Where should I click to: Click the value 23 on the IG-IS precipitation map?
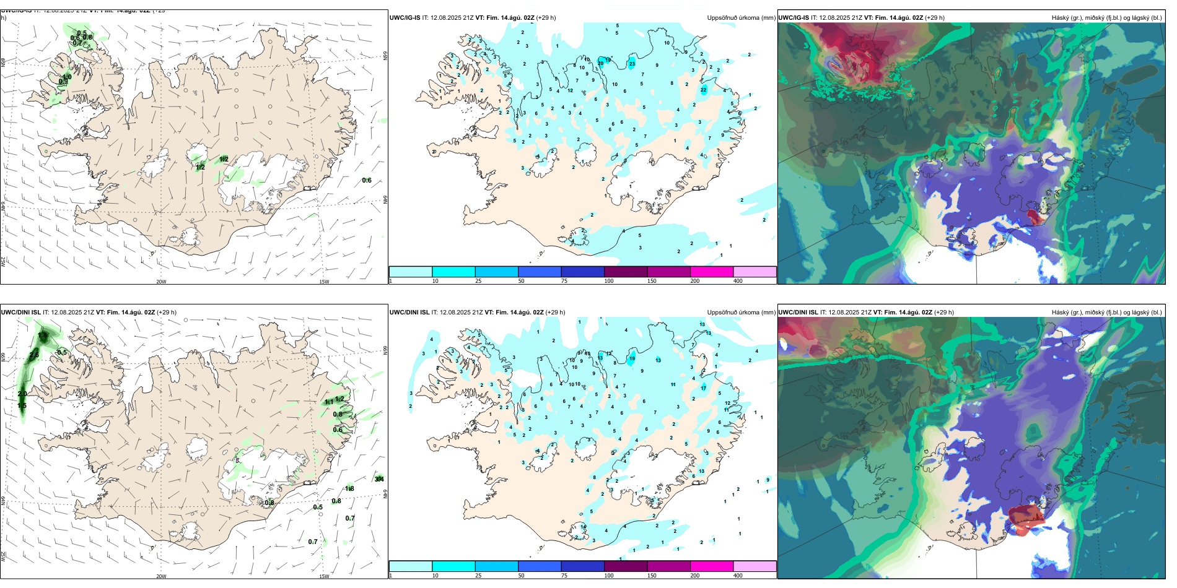(632, 64)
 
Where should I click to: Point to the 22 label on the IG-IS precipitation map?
(703, 90)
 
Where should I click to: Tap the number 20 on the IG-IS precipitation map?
(600, 63)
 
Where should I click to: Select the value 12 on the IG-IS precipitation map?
(570, 91)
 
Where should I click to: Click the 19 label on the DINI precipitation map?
(632, 359)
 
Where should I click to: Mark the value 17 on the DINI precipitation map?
(703, 388)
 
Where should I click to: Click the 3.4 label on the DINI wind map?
(379, 478)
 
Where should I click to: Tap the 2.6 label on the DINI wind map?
(34, 355)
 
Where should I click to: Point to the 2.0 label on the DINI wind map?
(22, 394)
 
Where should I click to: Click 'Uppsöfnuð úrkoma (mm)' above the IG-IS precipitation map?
(741, 18)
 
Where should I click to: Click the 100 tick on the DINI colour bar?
(609, 576)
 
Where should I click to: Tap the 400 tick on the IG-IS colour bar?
(738, 281)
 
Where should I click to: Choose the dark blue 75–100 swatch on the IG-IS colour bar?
(582, 272)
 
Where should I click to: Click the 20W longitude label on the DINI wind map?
(161, 576)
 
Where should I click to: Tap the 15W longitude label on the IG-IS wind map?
(323, 282)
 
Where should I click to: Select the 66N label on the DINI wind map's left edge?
(3, 357)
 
